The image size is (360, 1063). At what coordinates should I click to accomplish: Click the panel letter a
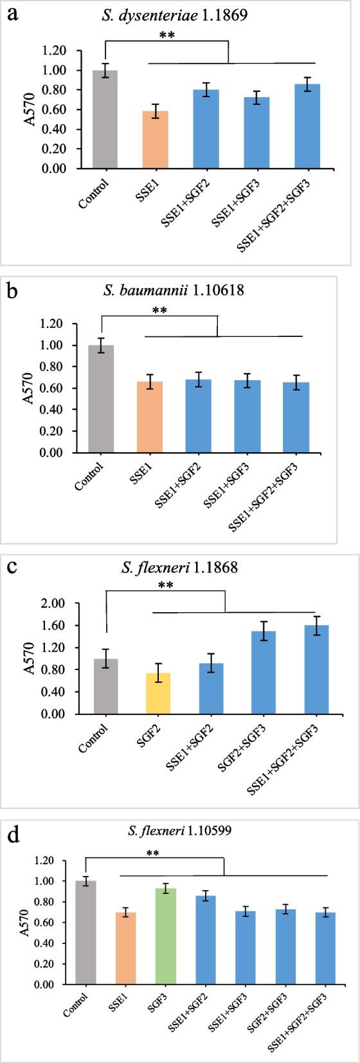[x=12, y=13]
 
